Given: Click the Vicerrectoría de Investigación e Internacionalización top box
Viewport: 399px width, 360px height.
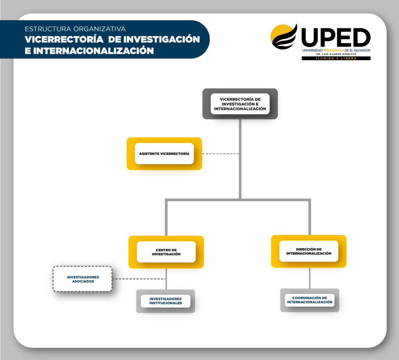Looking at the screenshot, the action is pyautogui.click(x=240, y=104).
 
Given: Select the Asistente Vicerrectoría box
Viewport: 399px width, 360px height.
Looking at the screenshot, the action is pyautogui.click(x=164, y=154).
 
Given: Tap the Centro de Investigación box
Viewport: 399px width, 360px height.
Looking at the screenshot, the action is pyautogui.click(x=166, y=252).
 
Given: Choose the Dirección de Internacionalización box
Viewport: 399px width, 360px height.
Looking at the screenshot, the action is pyautogui.click(x=309, y=251).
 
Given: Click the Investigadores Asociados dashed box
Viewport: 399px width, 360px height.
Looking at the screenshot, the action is pyautogui.click(x=83, y=279).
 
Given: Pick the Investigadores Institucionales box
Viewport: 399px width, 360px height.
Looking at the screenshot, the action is pyautogui.click(x=166, y=301).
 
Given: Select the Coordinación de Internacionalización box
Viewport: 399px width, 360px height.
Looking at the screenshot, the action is pyautogui.click(x=310, y=300).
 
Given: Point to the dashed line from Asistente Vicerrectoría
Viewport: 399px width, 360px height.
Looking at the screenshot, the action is pyautogui.click(x=221, y=154).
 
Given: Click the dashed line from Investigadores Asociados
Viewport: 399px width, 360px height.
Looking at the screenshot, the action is pyautogui.click(x=139, y=279).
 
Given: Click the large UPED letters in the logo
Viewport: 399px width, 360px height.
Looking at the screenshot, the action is pyautogui.click(x=336, y=37).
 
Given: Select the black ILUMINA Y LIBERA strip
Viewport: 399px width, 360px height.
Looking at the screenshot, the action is pyautogui.click(x=336, y=58).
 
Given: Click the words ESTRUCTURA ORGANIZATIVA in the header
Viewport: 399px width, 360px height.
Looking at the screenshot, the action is pyautogui.click(x=75, y=29).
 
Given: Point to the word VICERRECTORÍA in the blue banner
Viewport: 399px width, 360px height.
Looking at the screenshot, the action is pyautogui.click(x=64, y=39).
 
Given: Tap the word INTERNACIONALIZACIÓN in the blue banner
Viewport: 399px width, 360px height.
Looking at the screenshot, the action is pyautogui.click(x=94, y=51).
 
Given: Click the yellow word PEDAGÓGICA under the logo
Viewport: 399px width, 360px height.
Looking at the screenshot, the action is pyautogui.click(x=334, y=50).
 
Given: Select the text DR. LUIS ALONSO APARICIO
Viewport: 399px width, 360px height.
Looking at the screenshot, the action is pyautogui.click(x=336, y=54).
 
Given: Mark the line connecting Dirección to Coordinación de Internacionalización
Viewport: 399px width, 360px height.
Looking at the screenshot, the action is pyautogui.click(x=310, y=278).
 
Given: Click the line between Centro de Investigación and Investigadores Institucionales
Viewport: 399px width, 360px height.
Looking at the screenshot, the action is pyautogui.click(x=166, y=279).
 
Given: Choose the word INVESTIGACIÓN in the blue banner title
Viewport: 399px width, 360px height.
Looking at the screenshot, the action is pyautogui.click(x=162, y=39).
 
